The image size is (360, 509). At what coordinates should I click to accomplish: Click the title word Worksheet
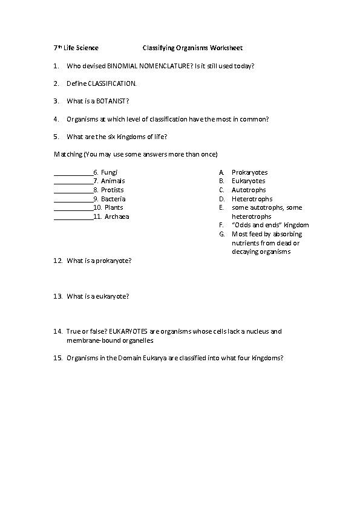(227, 48)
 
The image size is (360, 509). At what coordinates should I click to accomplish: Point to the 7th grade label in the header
(57, 48)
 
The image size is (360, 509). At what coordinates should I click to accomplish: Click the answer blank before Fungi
(73, 173)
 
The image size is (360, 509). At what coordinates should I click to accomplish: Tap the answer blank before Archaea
(73, 217)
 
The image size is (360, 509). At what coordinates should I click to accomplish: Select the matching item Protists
(112, 190)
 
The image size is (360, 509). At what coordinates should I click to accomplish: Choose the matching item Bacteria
(113, 199)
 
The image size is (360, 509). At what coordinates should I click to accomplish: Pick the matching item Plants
(114, 208)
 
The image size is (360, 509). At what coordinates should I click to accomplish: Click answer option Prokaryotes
(249, 172)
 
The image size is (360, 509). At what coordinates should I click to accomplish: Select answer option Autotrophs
(249, 190)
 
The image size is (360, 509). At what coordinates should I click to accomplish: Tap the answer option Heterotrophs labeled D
(252, 199)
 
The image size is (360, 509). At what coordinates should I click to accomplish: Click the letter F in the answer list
(221, 225)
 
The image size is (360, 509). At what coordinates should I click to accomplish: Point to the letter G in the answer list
(222, 234)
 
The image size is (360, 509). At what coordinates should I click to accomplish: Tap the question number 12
(58, 261)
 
